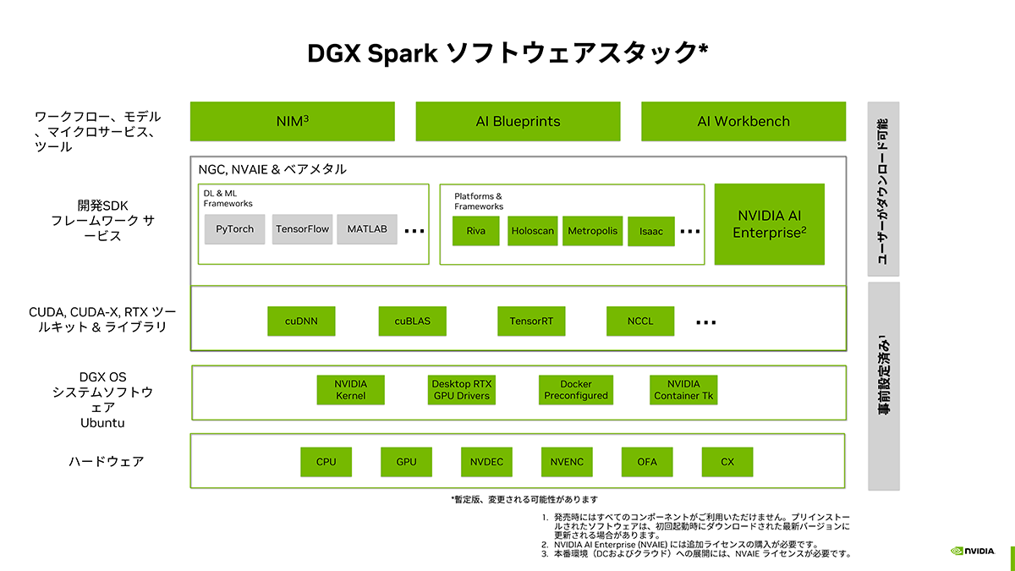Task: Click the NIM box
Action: (x=292, y=121)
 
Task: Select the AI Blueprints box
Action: (x=518, y=121)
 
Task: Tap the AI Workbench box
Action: (x=743, y=121)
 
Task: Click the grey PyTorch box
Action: (x=234, y=229)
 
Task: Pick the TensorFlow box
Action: (x=302, y=229)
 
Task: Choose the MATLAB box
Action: (x=367, y=229)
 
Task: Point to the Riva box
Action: (x=475, y=231)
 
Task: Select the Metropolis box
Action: (x=592, y=231)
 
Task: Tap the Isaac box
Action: (x=650, y=231)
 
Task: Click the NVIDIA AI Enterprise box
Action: (x=769, y=224)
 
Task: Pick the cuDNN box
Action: (x=301, y=321)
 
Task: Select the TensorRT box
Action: (x=530, y=321)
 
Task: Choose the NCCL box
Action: (x=640, y=321)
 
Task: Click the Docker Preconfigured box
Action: (x=575, y=390)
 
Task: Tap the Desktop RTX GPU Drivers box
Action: (x=461, y=390)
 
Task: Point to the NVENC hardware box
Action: (x=566, y=462)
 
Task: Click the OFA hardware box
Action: (x=647, y=462)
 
